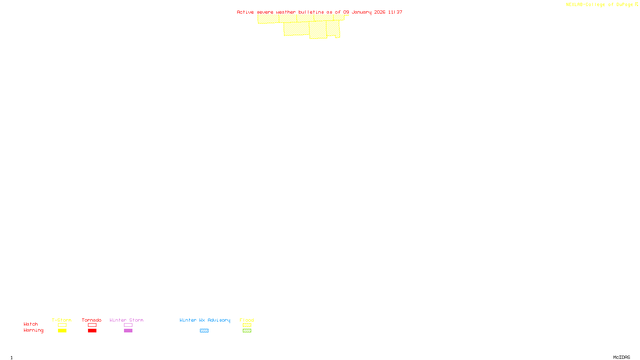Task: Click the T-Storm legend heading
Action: pos(62,320)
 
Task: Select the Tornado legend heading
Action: pos(92,320)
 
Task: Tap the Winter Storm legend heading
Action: pos(126,320)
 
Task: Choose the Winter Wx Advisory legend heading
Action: pos(205,320)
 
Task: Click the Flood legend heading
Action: pos(247,320)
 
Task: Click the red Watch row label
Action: pos(31,324)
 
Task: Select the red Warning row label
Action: pos(34,330)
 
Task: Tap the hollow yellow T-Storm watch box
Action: pos(62,325)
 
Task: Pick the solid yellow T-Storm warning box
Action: pos(62,331)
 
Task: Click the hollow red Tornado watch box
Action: pos(92,325)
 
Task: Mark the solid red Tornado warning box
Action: pos(92,331)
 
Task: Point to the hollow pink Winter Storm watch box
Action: pos(128,325)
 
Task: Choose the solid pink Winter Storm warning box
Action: pos(128,331)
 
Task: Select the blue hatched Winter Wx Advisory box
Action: pos(204,331)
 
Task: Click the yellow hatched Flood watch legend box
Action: pos(247,325)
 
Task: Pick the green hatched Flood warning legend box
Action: pos(247,331)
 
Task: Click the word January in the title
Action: pos(362,12)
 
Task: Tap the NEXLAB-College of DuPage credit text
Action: pos(600,5)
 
